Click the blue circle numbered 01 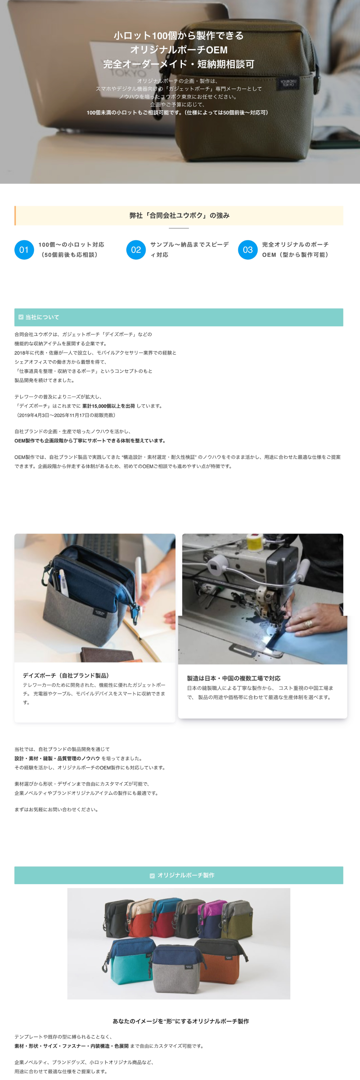(24, 250)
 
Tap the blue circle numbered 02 (136, 250)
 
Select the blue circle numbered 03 (248, 250)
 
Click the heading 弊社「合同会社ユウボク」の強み (179, 216)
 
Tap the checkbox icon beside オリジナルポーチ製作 (152, 876)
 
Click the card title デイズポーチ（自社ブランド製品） (66, 675)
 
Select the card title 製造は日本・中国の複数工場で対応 (233, 678)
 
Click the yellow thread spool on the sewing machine (254, 543)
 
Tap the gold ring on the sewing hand (308, 624)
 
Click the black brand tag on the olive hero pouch (288, 82)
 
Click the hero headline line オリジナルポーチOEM (179, 50)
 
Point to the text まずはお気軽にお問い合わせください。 (57, 809)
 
